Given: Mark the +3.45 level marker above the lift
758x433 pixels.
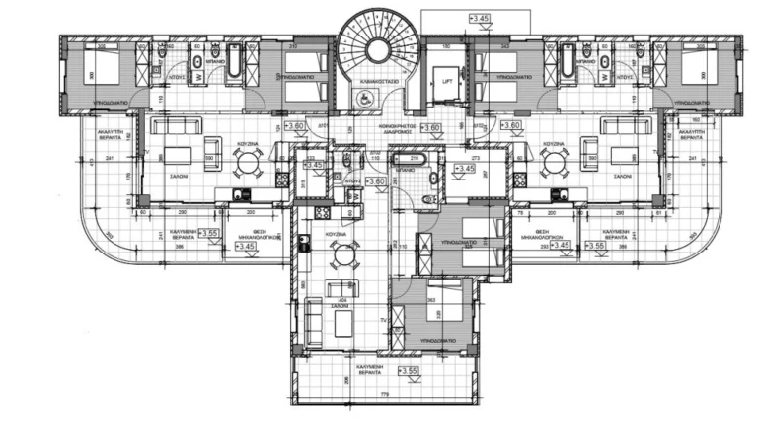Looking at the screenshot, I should pyautogui.click(x=479, y=18).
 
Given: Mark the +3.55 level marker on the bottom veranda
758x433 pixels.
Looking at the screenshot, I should pyautogui.click(x=409, y=371).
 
